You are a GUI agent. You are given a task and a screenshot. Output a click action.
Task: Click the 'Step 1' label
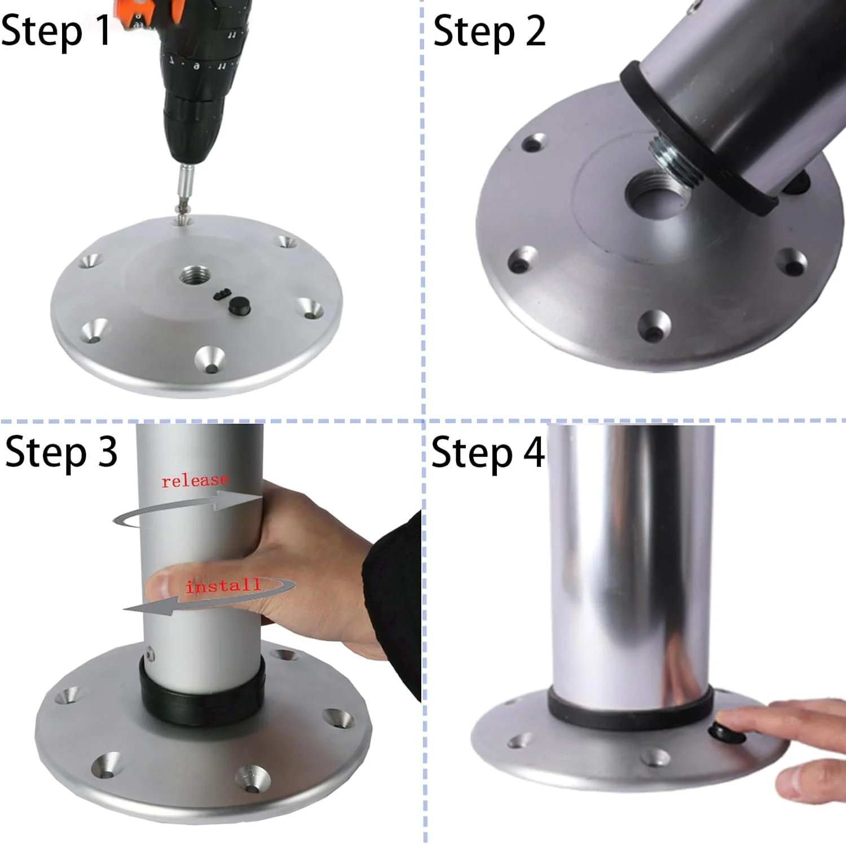pyautogui.click(x=55, y=31)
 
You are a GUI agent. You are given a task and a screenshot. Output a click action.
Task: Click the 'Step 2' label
pyautogui.click(x=489, y=31)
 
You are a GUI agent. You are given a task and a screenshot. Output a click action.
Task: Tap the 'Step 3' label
pyautogui.click(x=61, y=452)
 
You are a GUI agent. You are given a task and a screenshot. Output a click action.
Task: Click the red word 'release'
pyautogui.click(x=195, y=481)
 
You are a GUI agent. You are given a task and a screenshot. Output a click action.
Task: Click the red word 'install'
pyautogui.click(x=223, y=586)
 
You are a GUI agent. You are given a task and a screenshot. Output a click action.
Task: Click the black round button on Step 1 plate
pyautogui.click(x=239, y=305)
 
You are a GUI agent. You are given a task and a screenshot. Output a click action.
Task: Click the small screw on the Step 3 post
pyautogui.click(x=150, y=654)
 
